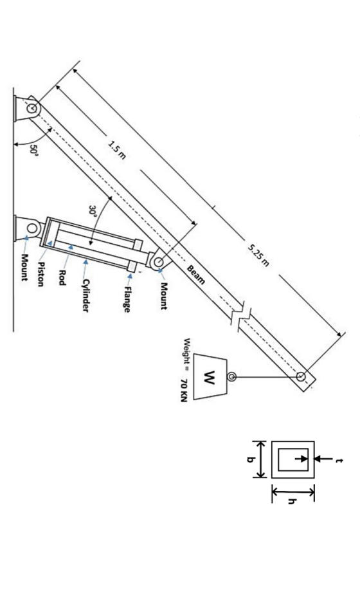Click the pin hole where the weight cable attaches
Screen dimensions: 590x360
pos(301,376)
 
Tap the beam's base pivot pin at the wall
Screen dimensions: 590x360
pos(31,109)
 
